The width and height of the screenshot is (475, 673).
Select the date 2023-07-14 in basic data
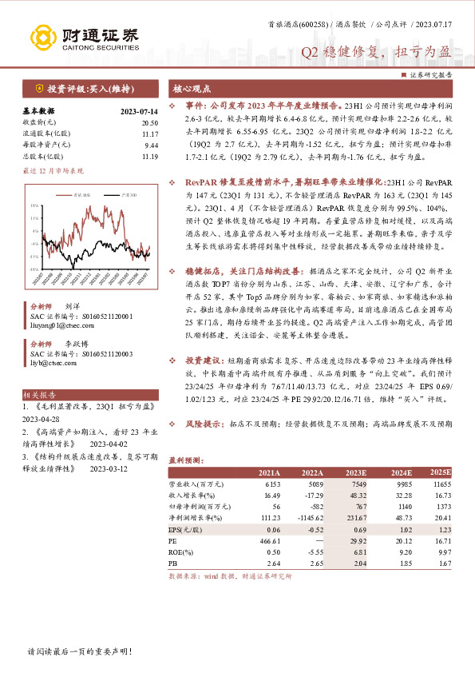[x=138, y=111]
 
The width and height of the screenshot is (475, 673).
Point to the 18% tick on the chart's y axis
[x=35, y=206]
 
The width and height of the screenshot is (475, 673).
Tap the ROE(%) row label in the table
[x=181, y=553]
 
